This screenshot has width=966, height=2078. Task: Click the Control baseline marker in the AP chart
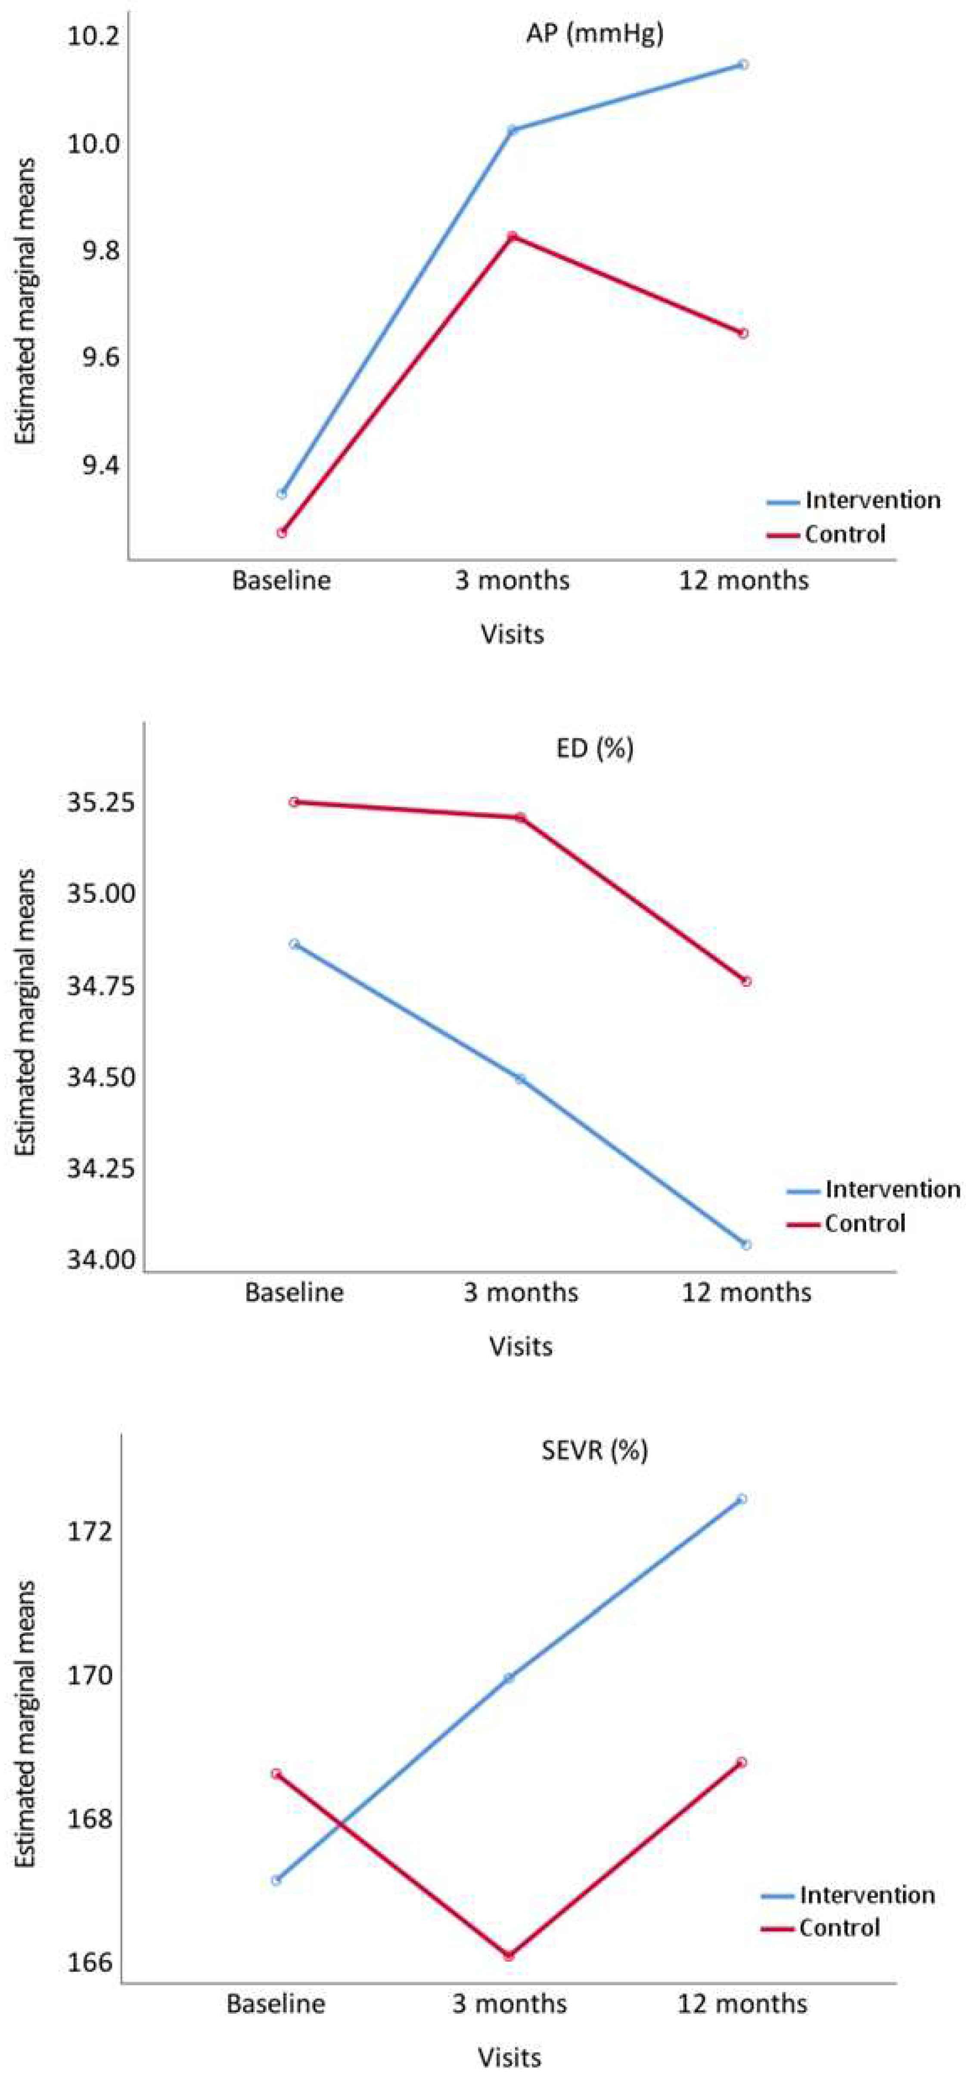tap(281, 532)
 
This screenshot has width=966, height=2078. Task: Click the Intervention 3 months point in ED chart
tap(520, 1079)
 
